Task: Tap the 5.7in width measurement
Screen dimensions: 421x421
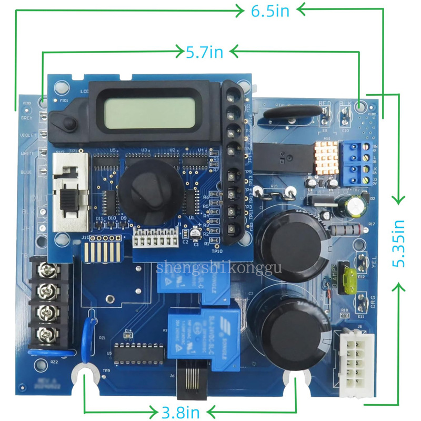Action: tap(205, 52)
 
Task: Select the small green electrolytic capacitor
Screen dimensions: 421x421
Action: tap(354, 207)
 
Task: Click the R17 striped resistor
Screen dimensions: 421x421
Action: tap(345, 229)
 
